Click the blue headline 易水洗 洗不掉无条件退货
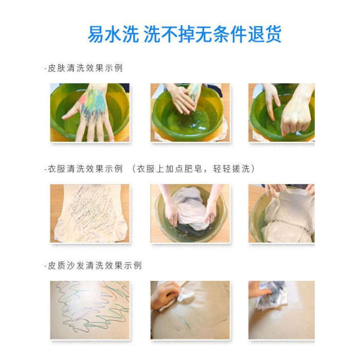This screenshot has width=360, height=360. [x=184, y=34]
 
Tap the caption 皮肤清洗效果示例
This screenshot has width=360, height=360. [x=85, y=68]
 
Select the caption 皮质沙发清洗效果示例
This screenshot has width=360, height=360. [x=95, y=265]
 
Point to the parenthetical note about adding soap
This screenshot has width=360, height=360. [x=193, y=169]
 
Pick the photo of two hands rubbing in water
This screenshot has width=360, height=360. [x=190, y=113]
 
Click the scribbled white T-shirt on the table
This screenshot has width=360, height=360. [x=90, y=213]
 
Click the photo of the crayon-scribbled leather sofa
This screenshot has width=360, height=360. [x=90, y=310]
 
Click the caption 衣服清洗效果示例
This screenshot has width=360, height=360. [x=85, y=169]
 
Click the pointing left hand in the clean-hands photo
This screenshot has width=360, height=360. [x=272, y=101]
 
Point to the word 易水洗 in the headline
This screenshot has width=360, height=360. [x=113, y=34]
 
